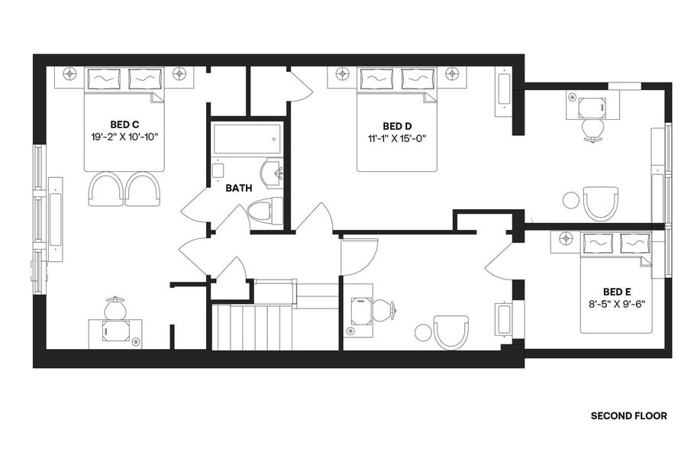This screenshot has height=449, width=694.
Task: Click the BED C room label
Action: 124,124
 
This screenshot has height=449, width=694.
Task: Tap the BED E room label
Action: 616,291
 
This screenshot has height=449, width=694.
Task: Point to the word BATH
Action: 239,187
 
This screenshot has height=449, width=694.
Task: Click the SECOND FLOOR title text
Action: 629,416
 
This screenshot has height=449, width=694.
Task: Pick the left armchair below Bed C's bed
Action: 105,188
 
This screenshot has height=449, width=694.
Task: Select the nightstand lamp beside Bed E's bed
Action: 565,238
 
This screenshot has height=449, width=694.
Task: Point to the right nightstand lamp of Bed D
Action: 454,74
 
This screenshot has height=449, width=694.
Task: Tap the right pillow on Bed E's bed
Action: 635,243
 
